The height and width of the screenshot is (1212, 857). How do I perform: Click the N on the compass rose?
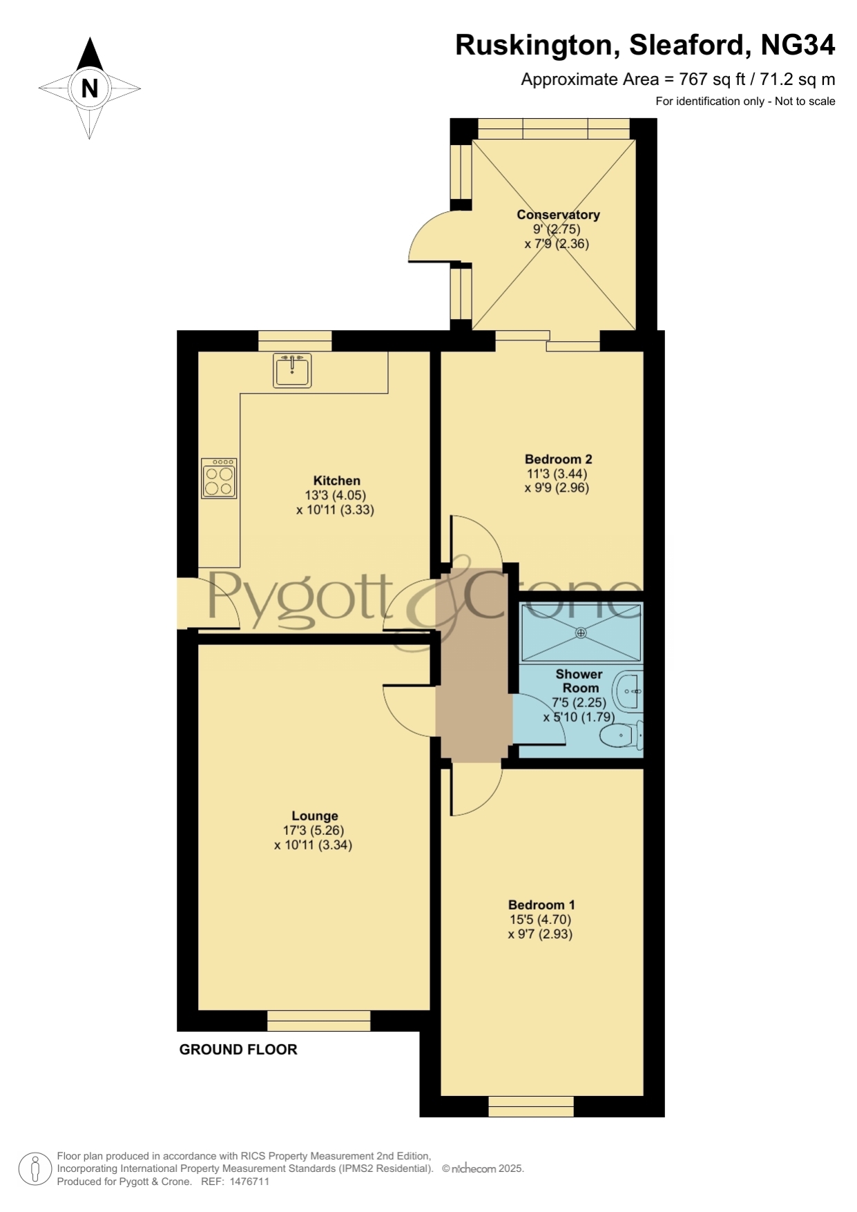90,88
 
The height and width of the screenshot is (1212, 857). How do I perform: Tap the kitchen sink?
292,370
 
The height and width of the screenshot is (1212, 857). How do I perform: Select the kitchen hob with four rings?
219,478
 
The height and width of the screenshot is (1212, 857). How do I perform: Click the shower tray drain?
581,633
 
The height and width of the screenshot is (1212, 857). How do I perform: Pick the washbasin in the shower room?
628,691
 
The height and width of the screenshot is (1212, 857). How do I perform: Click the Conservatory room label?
558,215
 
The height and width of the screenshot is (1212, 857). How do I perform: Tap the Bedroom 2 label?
559,459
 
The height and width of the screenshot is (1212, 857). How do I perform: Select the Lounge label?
315,816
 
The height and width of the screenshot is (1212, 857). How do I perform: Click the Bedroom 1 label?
541,905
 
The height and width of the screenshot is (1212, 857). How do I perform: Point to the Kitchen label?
337,481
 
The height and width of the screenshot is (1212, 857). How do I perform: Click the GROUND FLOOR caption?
238,1050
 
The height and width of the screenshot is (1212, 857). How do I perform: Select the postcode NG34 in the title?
798,45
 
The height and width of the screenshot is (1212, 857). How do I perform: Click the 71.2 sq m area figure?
798,80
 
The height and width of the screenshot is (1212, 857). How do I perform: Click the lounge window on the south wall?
318,1021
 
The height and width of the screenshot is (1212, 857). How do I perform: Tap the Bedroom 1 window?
531,1106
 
